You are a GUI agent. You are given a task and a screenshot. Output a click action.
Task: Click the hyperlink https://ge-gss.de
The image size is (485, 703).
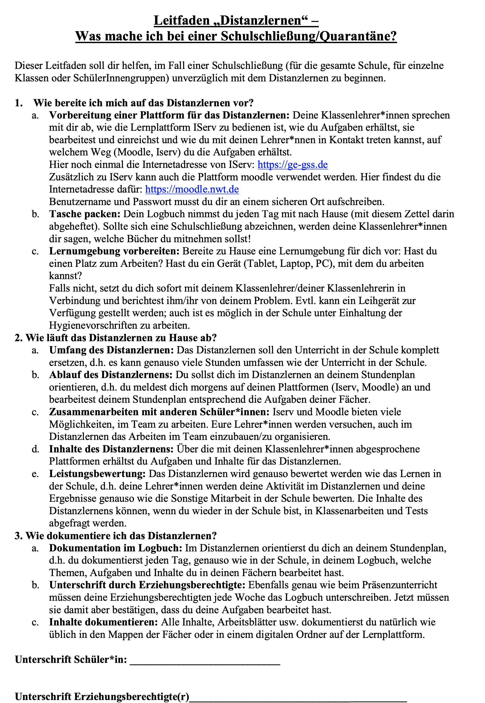(x=292, y=165)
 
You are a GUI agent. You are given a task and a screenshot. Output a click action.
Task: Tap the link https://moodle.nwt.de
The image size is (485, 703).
(x=192, y=189)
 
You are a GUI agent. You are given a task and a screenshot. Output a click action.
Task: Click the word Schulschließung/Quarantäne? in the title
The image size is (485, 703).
(x=308, y=36)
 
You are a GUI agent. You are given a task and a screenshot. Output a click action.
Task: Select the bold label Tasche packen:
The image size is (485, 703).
(x=85, y=214)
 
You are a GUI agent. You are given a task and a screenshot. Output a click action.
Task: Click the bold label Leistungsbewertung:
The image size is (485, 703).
(x=97, y=474)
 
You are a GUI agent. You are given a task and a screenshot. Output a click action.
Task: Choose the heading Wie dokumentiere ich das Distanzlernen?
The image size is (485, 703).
(x=121, y=535)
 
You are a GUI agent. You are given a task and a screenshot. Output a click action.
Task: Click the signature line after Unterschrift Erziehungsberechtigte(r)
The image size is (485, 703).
(x=298, y=696)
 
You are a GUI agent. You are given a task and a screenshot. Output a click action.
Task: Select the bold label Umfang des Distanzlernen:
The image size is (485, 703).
(x=111, y=350)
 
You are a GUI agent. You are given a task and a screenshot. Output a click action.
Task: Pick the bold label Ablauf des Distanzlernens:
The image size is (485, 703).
(x=111, y=375)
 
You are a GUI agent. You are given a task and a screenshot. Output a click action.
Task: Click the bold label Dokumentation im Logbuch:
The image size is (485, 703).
(x=115, y=548)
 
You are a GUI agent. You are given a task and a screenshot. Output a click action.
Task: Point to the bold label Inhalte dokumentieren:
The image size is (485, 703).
(x=103, y=622)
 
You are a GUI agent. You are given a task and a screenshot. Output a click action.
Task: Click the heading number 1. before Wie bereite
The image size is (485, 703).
(x=19, y=103)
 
